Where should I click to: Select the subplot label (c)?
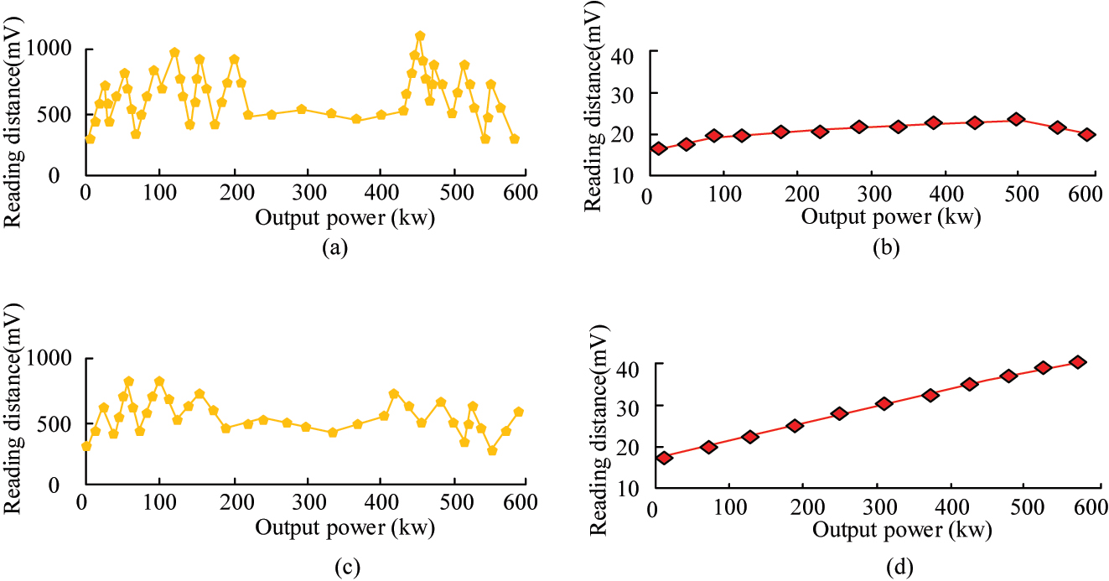coord(346,568)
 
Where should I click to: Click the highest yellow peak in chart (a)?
coord(420,36)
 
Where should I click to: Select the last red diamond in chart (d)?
coord(1078,362)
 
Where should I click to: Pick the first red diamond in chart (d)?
coord(664,458)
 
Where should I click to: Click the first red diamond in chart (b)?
coord(658,148)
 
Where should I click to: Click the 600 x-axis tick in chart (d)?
coord(1091,508)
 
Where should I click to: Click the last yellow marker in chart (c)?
coord(518,412)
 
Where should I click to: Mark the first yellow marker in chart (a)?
coord(90,139)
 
